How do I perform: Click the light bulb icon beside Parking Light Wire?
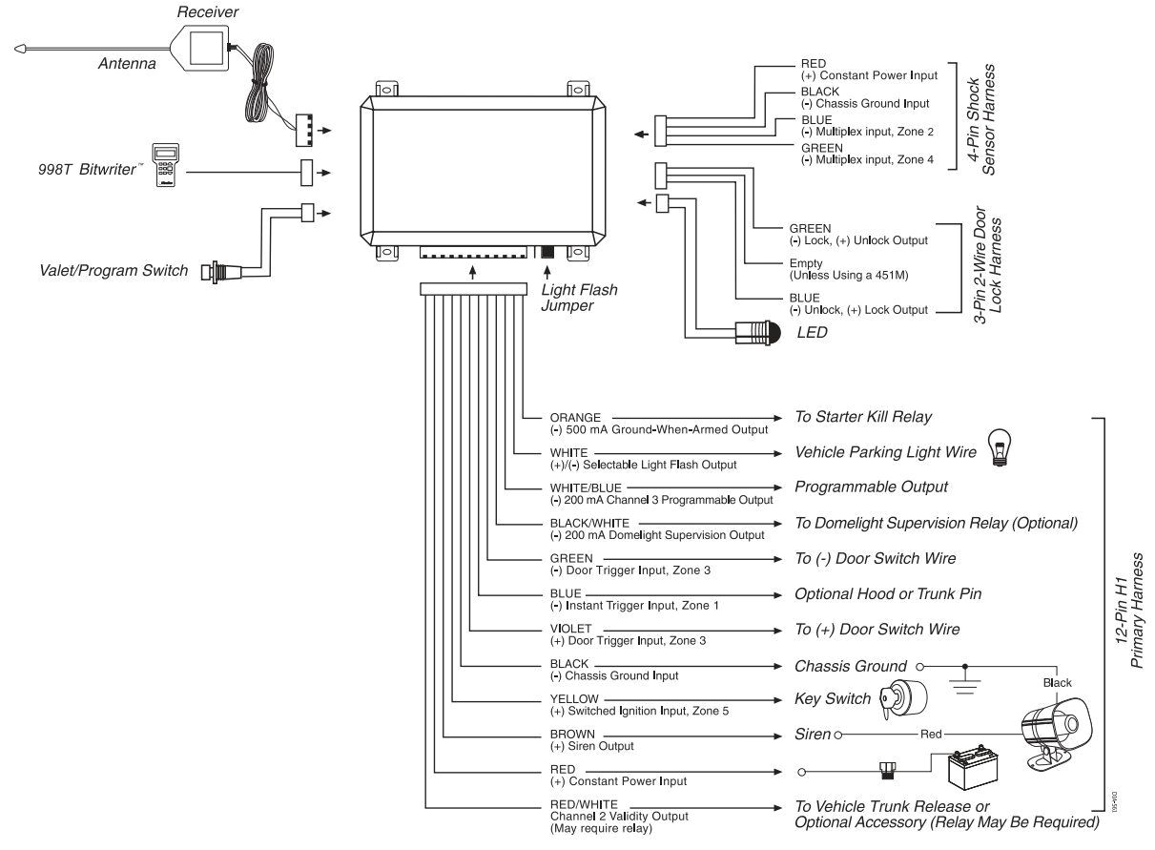click(1000, 446)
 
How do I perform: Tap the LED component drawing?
click(757, 333)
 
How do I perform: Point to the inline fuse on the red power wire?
click(886, 769)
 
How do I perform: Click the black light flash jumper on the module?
click(547, 254)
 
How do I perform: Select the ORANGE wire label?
click(575, 417)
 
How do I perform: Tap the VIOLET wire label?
click(571, 629)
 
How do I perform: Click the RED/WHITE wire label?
click(584, 804)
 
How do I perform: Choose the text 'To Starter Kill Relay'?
click(863, 417)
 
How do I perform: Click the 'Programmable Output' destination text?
click(871, 487)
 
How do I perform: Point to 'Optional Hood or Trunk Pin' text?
click(887, 593)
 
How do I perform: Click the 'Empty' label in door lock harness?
click(807, 263)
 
